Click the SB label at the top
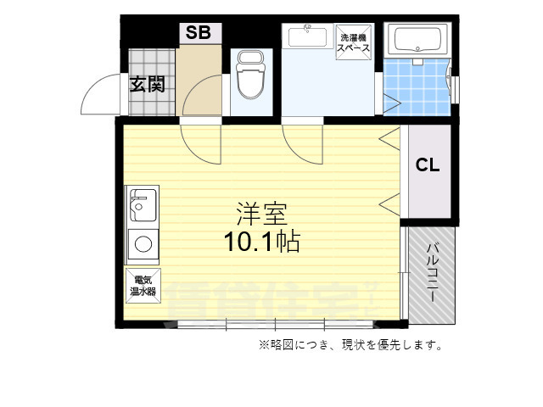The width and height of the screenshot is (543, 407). [199, 33]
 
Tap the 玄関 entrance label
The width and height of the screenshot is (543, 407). [146, 84]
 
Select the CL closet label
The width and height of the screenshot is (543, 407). [428, 165]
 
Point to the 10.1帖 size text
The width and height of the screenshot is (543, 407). [261, 243]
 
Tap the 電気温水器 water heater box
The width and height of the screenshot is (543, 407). [143, 285]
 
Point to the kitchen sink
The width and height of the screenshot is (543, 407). [142, 204]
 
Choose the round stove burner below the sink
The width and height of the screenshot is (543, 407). [143, 246]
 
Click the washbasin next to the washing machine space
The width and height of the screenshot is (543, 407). [306, 37]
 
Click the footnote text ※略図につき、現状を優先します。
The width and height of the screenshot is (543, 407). [350, 345]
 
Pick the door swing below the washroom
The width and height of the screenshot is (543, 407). [303, 144]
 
